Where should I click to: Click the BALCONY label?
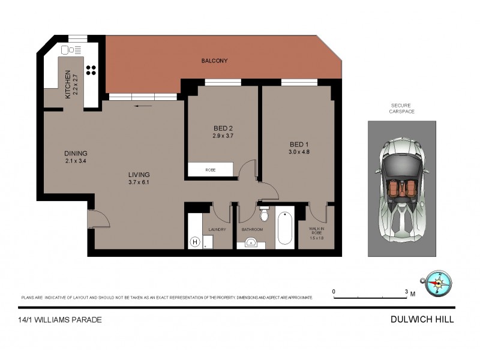[214, 61]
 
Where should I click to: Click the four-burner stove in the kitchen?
[91, 70]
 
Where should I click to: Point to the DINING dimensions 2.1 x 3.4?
[76, 161]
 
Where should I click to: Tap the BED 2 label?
[223, 128]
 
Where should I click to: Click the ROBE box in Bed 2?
[211, 170]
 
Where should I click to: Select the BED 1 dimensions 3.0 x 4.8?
[299, 152]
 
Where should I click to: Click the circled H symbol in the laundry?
[194, 242]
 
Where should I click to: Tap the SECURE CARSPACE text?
[401, 108]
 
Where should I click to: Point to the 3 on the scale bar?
[406, 292]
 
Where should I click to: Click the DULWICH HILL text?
[421, 320]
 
